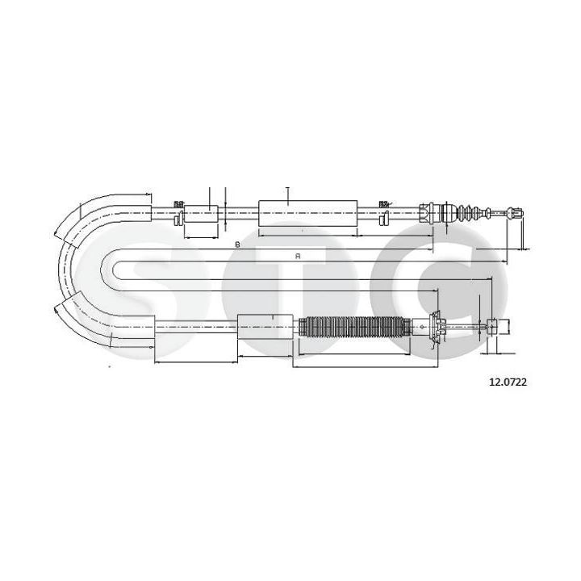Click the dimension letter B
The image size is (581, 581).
pos(237,244)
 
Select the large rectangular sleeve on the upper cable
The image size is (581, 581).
pos(307,212)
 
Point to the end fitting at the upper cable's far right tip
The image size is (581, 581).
pos(516,214)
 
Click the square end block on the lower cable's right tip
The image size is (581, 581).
pos(506,326)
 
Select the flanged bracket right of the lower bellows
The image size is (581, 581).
pos(437,327)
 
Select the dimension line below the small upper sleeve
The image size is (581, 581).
pos(202,237)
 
